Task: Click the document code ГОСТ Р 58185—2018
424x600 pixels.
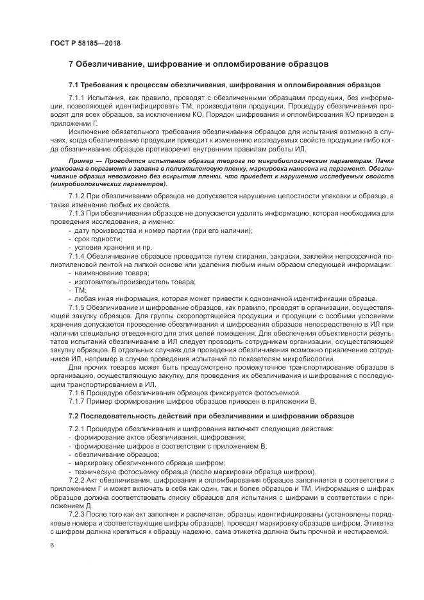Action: point(85,43)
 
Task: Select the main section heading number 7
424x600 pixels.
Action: point(71,64)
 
